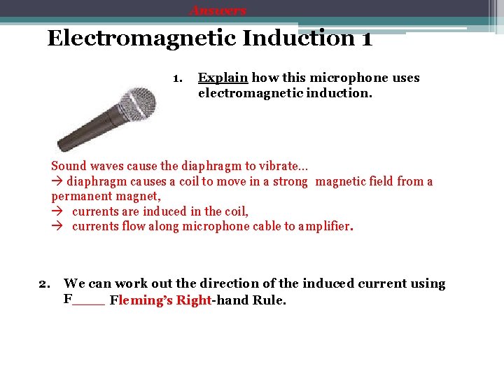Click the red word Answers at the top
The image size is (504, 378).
(x=218, y=10)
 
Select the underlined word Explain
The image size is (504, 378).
(x=223, y=78)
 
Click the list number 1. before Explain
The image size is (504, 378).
(x=178, y=78)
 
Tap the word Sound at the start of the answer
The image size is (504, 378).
(x=69, y=166)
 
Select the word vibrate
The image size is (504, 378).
(x=285, y=166)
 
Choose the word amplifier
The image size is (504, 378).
(x=322, y=226)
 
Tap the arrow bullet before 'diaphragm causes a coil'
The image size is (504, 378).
(x=57, y=181)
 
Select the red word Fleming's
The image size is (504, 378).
(x=141, y=300)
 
